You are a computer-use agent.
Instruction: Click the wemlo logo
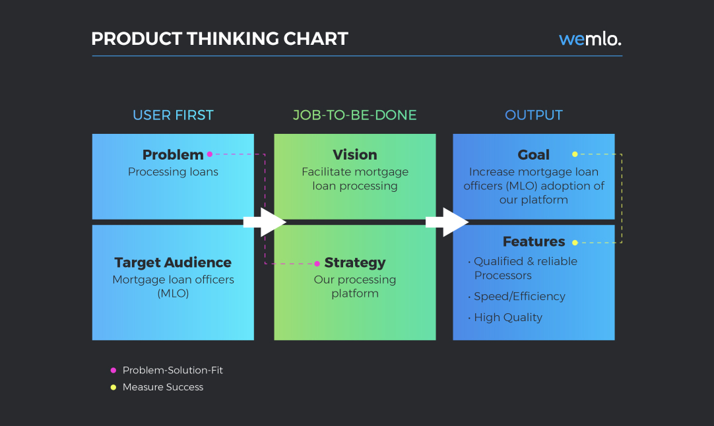590,39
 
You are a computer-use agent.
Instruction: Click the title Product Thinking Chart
220,39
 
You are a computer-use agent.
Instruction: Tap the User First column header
173,115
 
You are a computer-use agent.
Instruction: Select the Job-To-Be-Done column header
355,115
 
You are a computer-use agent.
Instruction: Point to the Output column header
534,115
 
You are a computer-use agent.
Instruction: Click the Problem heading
173,155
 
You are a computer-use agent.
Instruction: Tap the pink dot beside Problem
209,154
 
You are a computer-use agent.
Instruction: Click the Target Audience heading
173,262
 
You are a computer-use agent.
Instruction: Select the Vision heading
355,155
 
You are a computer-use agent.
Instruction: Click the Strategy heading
355,262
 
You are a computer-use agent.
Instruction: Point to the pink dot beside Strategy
317,264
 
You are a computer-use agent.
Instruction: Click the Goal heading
534,155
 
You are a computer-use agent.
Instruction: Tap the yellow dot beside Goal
575,154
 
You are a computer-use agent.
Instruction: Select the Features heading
534,241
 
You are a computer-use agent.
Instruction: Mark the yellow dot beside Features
575,243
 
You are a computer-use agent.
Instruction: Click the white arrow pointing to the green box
265,222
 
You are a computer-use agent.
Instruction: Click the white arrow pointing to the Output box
447,222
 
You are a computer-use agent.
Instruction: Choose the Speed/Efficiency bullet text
519,296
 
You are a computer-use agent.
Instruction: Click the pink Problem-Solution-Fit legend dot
114,371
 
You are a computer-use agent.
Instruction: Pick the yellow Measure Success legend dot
114,387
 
